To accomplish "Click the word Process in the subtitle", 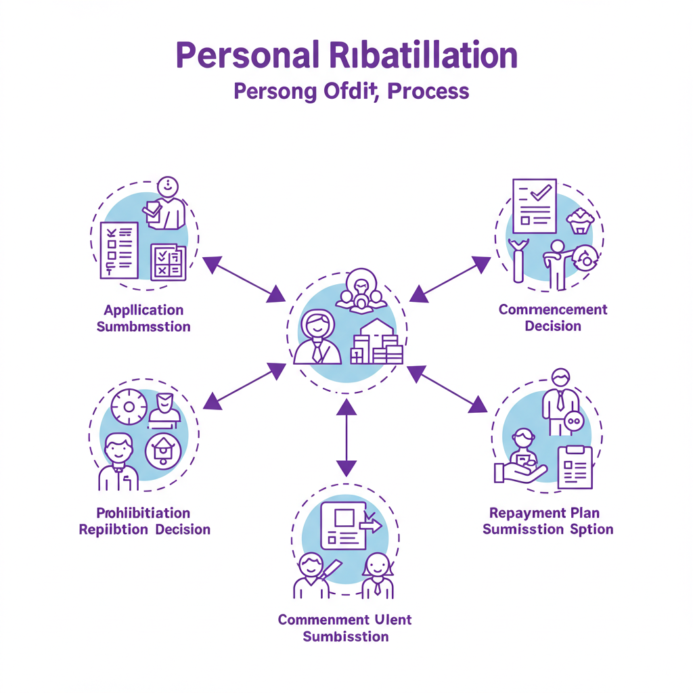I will pyautogui.click(x=428, y=91).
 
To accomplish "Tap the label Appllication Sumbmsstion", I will pyautogui.click(x=143, y=318).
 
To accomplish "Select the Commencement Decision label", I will pyautogui.click(x=553, y=317).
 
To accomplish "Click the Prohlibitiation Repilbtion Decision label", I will pyautogui.click(x=144, y=521).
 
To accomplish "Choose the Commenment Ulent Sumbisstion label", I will pyautogui.click(x=345, y=628).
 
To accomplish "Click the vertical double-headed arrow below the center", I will pyautogui.click(x=346, y=437).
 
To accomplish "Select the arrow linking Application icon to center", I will pyautogui.click(x=244, y=279).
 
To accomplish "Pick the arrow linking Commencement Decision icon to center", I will pyautogui.click(x=450, y=278).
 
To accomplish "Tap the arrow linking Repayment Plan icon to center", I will pyautogui.click(x=447, y=389).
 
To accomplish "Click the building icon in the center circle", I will pyautogui.click(x=377, y=343).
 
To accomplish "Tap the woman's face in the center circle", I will pyautogui.click(x=316, y=327).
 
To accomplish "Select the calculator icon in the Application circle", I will pyautogui.click(x=168, y=262).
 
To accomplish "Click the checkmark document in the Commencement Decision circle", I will pyautogui.click(x=534, y=204).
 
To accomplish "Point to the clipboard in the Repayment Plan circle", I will pyautogui.click(x=575, y=467).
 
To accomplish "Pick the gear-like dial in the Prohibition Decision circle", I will pyautogui.click(x=129, y=407).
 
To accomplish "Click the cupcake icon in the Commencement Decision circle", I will pyautogui.click(x=581, y=221).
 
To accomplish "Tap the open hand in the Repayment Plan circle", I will pyautogui.click(x=518, y=473).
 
